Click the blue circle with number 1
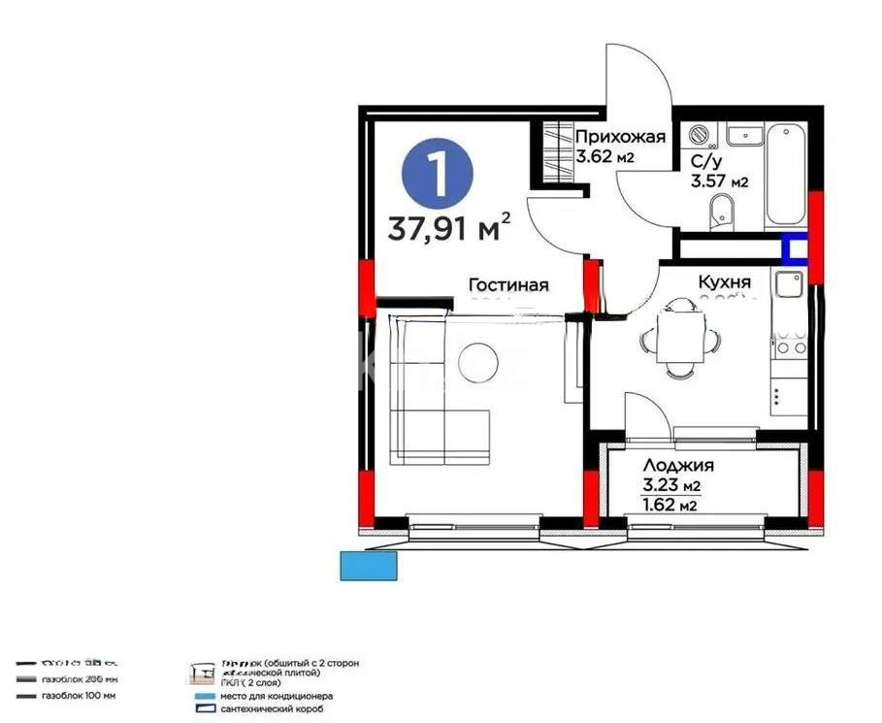click(x=438, y=173)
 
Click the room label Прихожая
click(x=620, y=137)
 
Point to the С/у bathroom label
click(x=703, y=161)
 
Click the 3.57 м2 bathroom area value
click(x=719, y=181)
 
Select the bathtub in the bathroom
click(x=786, y=175)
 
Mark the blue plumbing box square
click(x=796, y=249)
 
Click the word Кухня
click(x=725, y=281)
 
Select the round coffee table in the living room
click(x=477, y=362)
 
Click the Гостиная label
click(x=508, y=285)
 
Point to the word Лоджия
click(x=678, y=466)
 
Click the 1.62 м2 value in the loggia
click(x=670, y=505)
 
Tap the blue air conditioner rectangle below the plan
click(x=369, y=566)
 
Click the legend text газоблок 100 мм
click(x=79, y=696)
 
